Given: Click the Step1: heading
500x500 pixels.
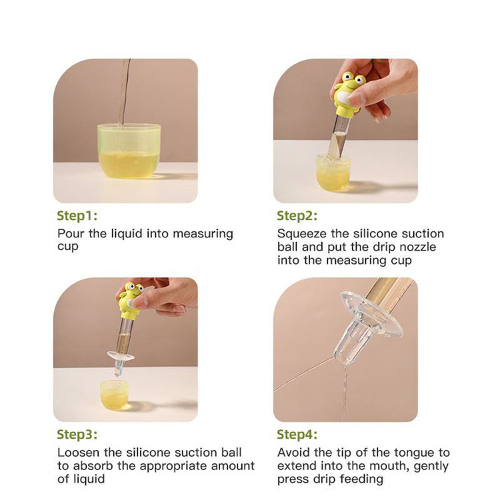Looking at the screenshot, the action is tap(77, 216).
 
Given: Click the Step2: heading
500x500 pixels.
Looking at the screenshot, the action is tap(297, 216).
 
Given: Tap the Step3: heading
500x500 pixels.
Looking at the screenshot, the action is tap(77, 435).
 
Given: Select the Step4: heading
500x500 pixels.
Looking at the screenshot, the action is tap(297, 435).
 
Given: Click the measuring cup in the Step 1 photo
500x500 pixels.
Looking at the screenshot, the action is tap(129, 151).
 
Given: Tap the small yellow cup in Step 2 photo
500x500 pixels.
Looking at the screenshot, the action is tap(333, 174).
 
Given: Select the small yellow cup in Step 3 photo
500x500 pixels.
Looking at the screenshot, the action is tap(114, 395).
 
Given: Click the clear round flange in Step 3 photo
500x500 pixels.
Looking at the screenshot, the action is tap(121, 355).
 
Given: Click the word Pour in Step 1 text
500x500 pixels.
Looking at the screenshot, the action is tap(71, 234).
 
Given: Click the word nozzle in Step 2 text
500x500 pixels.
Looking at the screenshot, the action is tap(417, 247).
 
